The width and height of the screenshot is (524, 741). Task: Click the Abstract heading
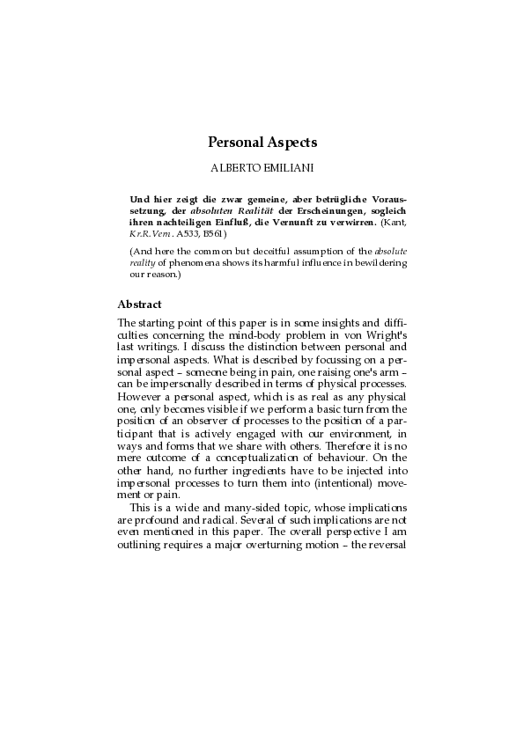[139, 304]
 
